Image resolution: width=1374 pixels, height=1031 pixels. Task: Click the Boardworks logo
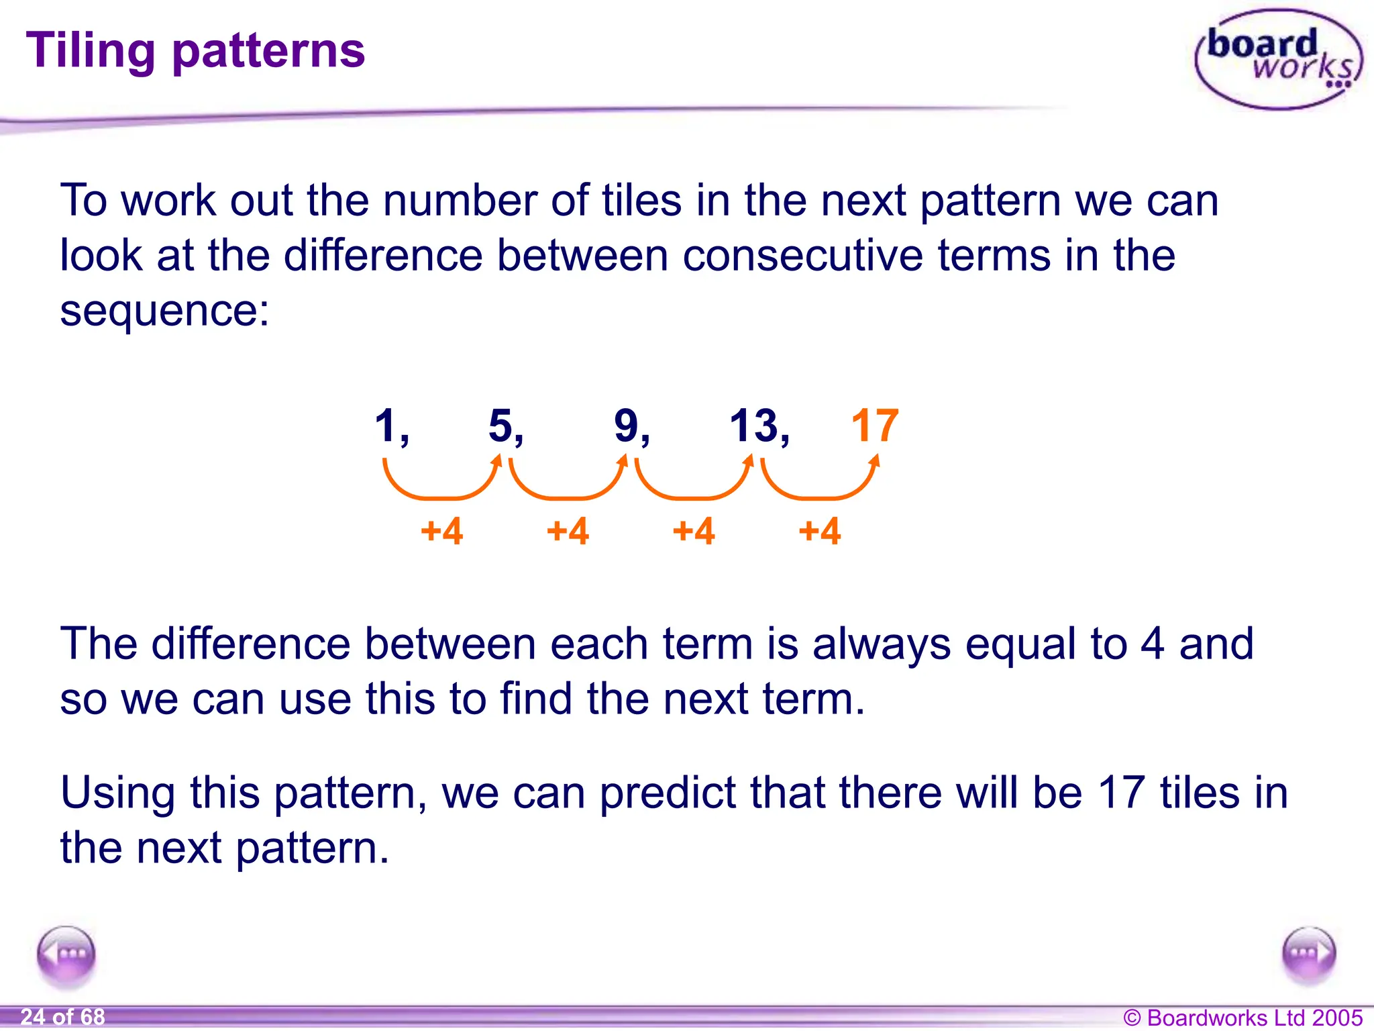(x=1278, y=59)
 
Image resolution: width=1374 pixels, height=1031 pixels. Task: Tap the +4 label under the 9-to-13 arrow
(x=694, y=531)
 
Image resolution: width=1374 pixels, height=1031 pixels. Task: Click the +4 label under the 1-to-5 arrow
(x=441, y=531)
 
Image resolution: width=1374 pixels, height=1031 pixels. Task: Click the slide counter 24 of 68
(x=62, y=1016)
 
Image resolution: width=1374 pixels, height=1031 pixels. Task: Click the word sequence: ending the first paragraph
(x=164, y=311)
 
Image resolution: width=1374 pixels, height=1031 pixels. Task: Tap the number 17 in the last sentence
(x=1120, y=793)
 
